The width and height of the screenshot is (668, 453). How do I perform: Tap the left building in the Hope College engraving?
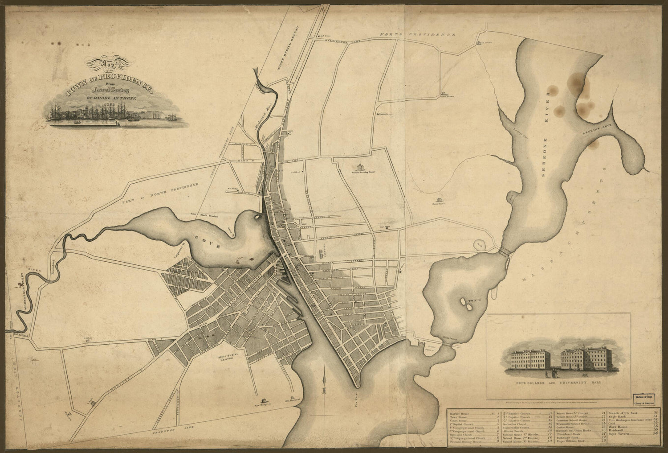[530, 361]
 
